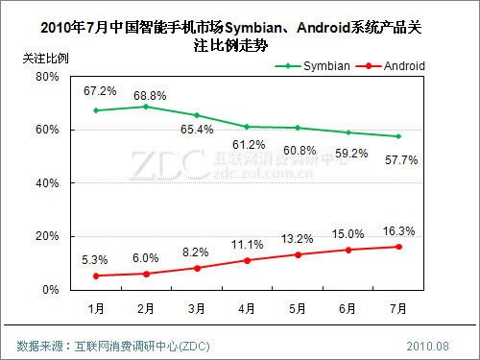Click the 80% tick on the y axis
click(47, 77)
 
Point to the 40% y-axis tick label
click(47, 182)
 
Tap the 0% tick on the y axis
click(50, 289)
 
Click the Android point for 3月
click(196, 268)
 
